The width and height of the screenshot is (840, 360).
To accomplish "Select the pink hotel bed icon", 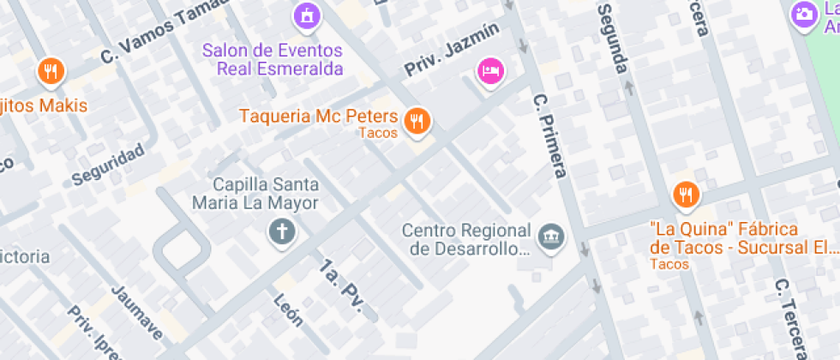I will click(489, 70).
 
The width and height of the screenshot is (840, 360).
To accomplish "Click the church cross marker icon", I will click(280, 231).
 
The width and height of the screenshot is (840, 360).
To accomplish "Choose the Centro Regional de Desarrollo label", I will click(467, 240).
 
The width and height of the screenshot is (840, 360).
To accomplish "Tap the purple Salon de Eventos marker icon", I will click(306, 14).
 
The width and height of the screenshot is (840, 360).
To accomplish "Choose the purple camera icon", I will click(804, 13).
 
